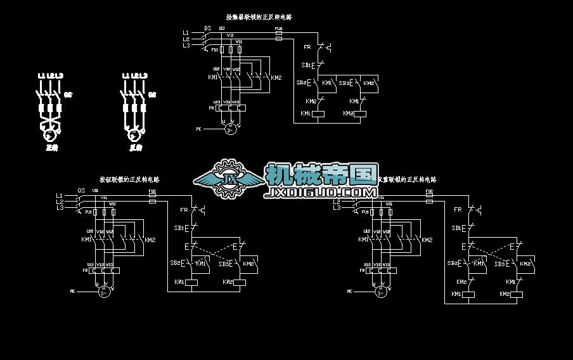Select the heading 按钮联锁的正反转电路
point(129,179)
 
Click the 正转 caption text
point(51,148)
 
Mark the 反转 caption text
point(136,148)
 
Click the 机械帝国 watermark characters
point(321,174)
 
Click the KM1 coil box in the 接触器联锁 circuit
point(319,114)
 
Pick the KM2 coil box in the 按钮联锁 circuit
point(240,282)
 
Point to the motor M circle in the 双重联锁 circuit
point(380,291)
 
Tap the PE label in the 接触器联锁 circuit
point(198,129)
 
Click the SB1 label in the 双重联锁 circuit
point(456,228)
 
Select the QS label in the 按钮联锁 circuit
point(81,190)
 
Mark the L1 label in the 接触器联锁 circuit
point(186,32)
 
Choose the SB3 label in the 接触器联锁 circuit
point(344,83)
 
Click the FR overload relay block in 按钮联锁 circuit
point(102,271)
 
